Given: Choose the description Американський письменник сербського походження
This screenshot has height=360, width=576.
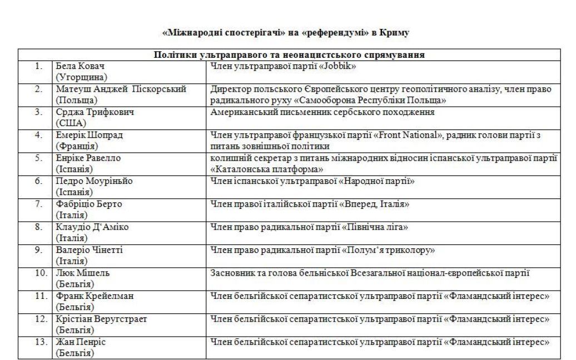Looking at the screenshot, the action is click(x=322, y=112).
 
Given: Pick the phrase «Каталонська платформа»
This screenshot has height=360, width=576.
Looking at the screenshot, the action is click(x=267, y=169).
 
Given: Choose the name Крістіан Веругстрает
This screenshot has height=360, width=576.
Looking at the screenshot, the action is click(x=102, y=319).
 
